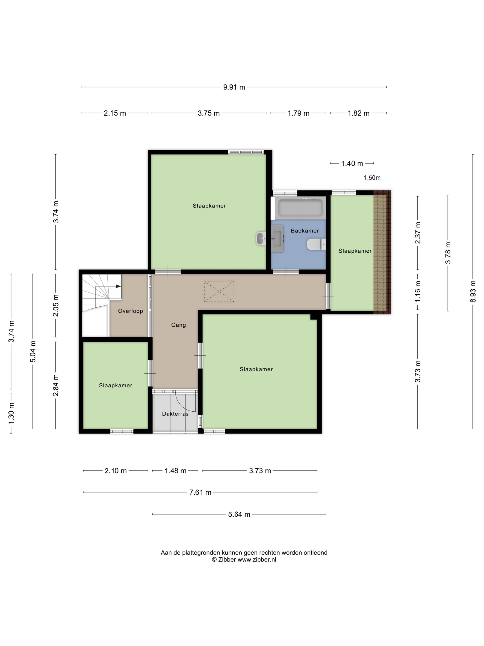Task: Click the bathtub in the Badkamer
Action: [x=300, y=208]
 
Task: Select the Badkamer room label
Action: [x=305, y=231]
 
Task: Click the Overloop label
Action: [x=130, y=311]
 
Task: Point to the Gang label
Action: [x=179, y=325]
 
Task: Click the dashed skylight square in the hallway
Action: [x=219, y=291]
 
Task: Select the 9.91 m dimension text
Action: [x=234, y=87]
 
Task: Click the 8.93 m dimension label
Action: [x=473, y=291]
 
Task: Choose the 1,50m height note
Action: [x=372, y=178]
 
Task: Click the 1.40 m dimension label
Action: [x=352, y=164]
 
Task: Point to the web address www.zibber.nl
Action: [x=257, y=559]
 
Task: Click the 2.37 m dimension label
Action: [x=418, y=233]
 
